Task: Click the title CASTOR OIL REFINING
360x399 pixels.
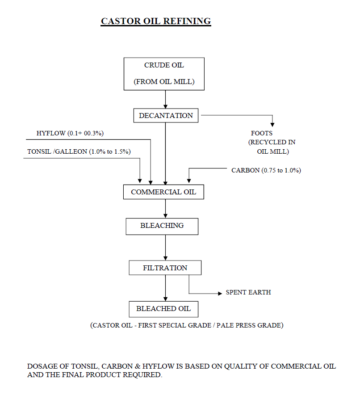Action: (156, 21)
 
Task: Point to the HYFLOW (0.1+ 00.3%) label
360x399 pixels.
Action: (70, 133)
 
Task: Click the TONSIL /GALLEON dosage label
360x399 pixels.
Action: (79, 151)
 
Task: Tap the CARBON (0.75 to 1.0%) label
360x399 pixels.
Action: (266, 170)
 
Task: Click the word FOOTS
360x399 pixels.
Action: (262, 133)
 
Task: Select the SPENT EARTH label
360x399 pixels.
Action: (248, 292)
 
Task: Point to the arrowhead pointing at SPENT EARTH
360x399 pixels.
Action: (220, 294)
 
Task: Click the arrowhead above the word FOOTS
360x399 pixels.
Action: (272, 125)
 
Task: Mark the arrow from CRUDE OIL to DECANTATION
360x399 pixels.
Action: (165, 99)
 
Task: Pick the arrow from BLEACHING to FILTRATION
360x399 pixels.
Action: (165, 248)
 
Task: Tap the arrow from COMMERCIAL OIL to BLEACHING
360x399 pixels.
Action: (165, 209)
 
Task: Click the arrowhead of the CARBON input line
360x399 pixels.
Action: (189, 181)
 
